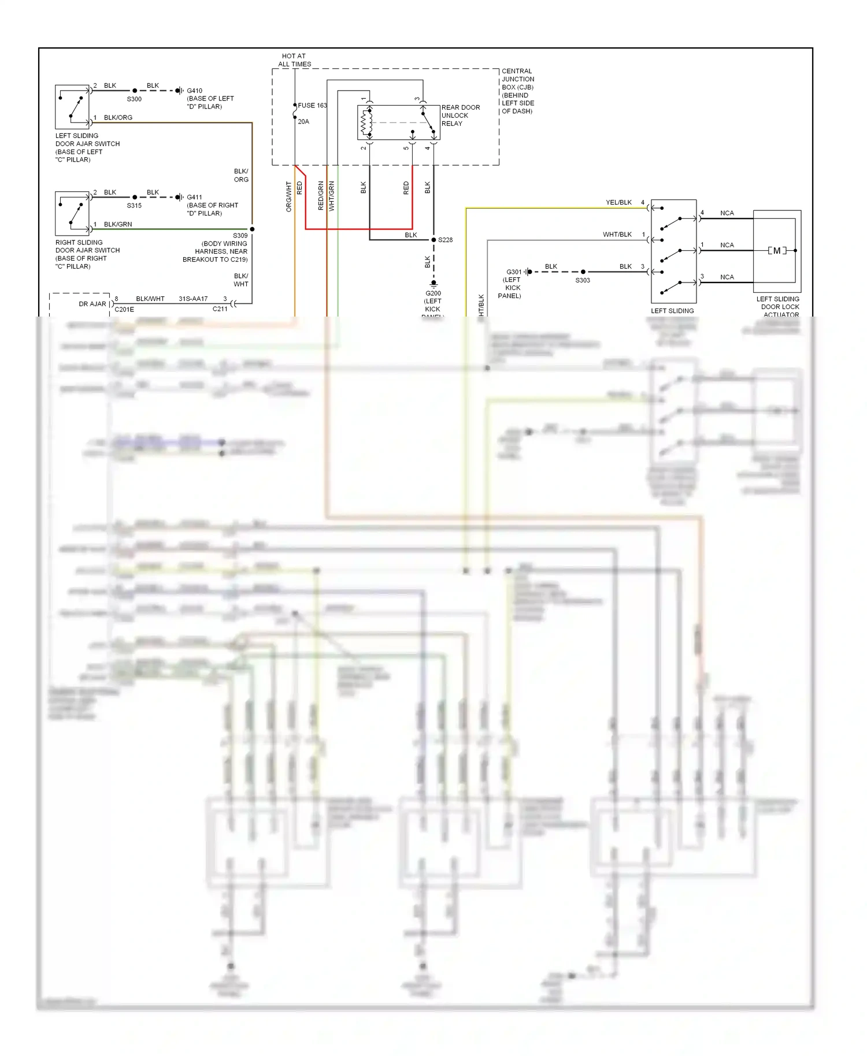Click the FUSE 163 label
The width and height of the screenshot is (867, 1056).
tap(312, 106)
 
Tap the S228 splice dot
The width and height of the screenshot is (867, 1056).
tap(433, 240)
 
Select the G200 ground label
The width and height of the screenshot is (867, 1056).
tap(433, 293)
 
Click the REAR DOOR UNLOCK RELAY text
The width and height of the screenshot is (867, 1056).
tap(460, 116)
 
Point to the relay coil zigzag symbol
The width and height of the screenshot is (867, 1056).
tap(366, 122)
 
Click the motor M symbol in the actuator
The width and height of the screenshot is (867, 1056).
tap(777, 251)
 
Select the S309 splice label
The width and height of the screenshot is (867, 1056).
tap(240, 236)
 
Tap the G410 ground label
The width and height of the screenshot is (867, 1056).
tap(194, 91)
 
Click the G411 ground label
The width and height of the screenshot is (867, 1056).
tap(194, 198)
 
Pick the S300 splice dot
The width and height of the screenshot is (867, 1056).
tap(135, 91)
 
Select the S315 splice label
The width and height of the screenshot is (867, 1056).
tap(134, 206)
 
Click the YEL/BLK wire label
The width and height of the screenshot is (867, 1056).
tap(618, 203)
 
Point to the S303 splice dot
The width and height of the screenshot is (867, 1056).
tap(583, 272)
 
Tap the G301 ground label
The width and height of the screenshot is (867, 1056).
tap(513, 272)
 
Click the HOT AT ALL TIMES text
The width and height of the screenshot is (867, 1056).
tap(294, 60)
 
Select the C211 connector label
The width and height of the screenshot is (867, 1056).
tap(220, 309)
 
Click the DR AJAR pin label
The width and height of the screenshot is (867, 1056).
tap(92, 304)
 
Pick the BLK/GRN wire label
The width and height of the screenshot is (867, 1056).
tap(118, 224)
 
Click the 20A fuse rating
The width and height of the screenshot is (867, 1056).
tap(303, 122)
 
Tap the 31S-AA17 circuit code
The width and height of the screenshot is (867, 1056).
tap(193, 299)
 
